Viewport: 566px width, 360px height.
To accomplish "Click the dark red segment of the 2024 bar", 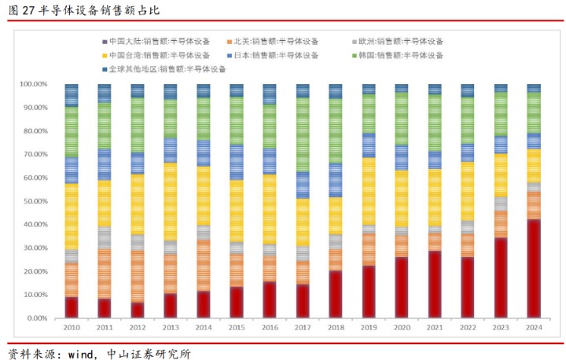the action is [534, 269].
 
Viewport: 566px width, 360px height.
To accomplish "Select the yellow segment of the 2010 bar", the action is [72, 217].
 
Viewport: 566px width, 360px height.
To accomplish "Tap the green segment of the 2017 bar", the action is [303, 134].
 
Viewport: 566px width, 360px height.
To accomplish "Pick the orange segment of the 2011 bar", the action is [105, 274].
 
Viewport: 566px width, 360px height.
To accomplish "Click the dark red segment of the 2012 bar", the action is [137, 310].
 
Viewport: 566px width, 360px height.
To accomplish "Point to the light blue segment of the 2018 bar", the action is [336, 180].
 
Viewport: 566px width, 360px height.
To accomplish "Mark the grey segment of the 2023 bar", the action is [501, 204].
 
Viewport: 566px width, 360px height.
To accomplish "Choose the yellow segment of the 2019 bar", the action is [369, 191].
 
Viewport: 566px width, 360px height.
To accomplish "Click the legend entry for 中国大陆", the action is [156, 42].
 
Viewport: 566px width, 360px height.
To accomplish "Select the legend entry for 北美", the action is [273, 42].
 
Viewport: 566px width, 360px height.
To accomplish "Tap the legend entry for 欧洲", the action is [398, 42].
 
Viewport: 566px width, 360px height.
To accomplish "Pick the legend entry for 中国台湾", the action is [156, 55].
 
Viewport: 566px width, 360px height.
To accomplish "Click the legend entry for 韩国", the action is [398, 55].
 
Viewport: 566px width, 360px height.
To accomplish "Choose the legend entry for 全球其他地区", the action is [164, 69].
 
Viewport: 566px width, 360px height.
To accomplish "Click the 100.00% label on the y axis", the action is [34, 84].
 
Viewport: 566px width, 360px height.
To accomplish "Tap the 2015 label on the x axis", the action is [237, 328].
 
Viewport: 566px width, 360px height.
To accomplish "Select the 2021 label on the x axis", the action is [435, 328].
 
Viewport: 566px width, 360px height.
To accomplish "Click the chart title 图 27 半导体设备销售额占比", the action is [84, 10].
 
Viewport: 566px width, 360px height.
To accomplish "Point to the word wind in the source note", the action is [80, 354].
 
